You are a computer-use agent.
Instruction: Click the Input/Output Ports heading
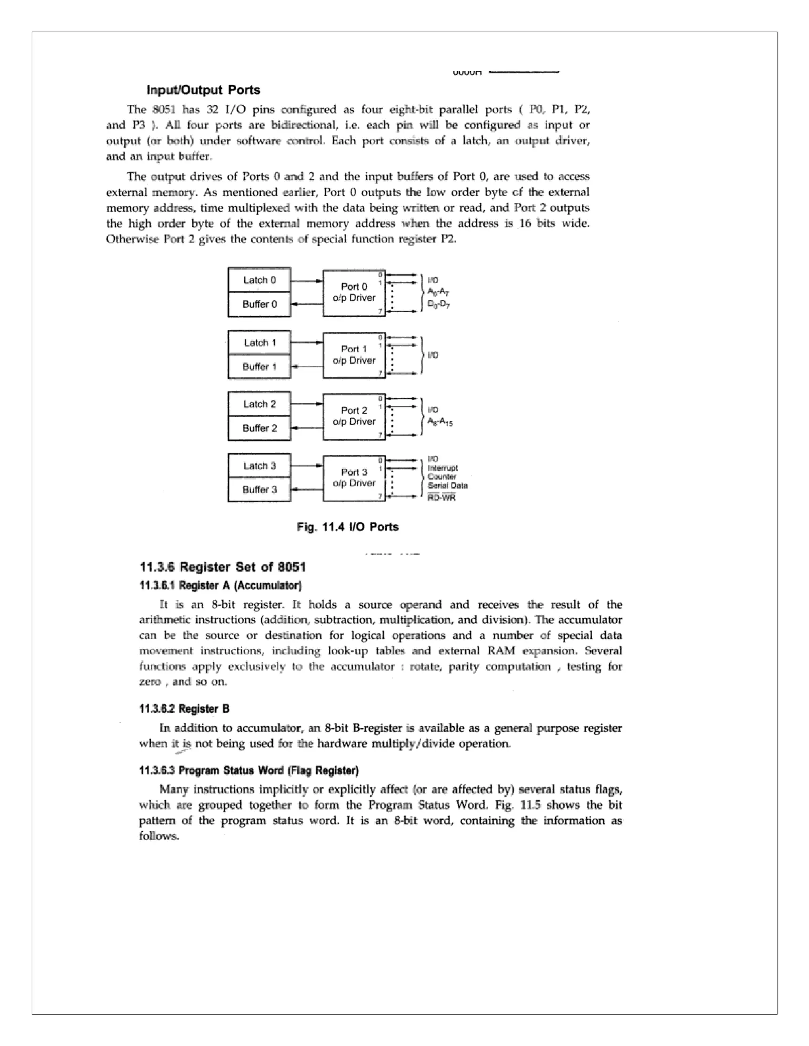point(203,90)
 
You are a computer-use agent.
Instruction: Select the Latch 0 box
point(259,280)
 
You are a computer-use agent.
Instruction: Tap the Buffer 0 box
point(259,304)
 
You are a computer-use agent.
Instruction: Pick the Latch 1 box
point(259,343)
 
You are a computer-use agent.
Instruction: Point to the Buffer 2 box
point(259,428)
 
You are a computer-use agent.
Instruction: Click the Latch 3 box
point(259,465)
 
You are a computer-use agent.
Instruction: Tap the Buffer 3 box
point(259,489)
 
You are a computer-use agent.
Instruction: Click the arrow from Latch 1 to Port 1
point(307,343)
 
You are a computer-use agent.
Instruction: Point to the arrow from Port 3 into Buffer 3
point(307,489)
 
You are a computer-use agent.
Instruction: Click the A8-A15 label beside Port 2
point(440,422)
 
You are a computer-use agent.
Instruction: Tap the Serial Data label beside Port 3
point(448,486)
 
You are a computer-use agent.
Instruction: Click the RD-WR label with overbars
point(441,498)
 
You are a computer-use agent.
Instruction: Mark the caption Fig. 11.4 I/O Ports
point(348,527)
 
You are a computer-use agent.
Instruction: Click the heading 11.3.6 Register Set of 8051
point(222,567)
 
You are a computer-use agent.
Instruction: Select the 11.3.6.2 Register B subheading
point(184,709)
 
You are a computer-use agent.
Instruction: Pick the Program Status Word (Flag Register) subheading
point(249,770)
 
